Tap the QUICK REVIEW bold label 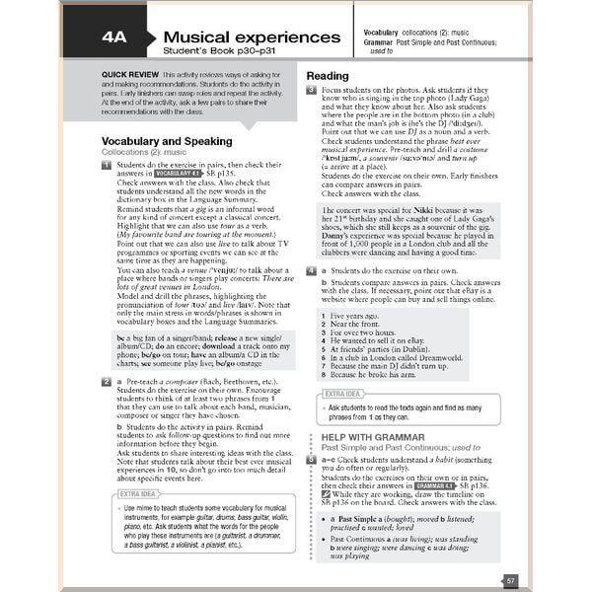[x=133, y=75]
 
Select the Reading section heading [x=327, y=76]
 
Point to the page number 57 [x=510, y=581]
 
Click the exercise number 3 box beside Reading [x=310, y=90]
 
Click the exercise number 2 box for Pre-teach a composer [x=106, y=380]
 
